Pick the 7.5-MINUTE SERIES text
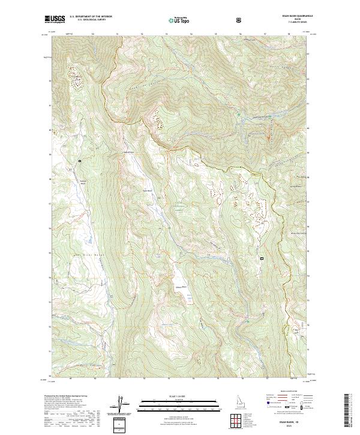point(291,24)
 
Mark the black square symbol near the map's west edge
point(79,161)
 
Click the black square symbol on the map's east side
point(262,259)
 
